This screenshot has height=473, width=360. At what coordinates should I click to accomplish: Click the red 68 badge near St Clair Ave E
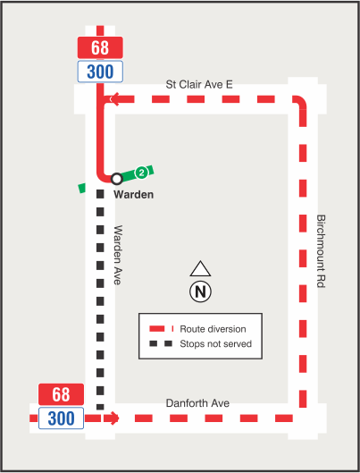coord(100,47)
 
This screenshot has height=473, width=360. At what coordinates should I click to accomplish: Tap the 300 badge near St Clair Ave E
coord(100,71)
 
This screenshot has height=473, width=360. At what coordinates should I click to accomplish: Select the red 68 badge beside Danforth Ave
coord(61,394)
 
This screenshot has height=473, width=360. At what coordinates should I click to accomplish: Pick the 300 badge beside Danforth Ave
coord(61,418)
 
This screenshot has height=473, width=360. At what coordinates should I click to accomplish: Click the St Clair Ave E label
coord(199,84)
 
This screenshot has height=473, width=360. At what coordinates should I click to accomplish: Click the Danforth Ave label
coord(197,404)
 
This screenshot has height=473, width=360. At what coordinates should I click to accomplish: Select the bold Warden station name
coord(134,194)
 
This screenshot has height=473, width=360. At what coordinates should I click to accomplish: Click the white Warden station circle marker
coord(116,179)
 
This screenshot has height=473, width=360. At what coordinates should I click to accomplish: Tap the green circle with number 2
coord(141,172)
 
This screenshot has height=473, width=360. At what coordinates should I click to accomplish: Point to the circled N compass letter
coord(199,291)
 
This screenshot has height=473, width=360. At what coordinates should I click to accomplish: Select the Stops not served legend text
coord(215,343)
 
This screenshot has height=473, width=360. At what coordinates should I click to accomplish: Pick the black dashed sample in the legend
coord(161,343)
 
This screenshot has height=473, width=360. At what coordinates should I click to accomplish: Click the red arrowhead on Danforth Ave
coord(113,418)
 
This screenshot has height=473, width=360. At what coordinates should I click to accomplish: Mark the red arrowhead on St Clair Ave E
coord(110,100)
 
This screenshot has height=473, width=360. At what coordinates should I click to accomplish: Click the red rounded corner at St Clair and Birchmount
coord(300,103)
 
